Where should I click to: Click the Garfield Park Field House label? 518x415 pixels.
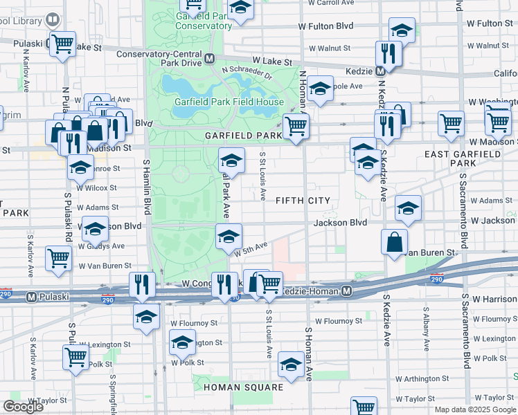click(x=229, y=102)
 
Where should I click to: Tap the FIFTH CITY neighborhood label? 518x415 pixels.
click(x=303, y=201)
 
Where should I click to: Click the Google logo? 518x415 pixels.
click(x=24, y=407)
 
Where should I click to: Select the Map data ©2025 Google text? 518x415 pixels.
click(x=475, y=409)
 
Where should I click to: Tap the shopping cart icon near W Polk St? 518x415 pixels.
click(x=75, y=357)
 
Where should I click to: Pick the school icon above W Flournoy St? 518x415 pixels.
click(x=146, y=317)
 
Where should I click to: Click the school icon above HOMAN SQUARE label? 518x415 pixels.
click(x=291, y=364)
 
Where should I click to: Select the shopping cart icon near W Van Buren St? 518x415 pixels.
click(x=58, y=259)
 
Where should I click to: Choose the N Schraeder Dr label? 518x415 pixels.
click(x=247, y=71)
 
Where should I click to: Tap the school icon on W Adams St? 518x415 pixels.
click(x=408, y=207)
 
